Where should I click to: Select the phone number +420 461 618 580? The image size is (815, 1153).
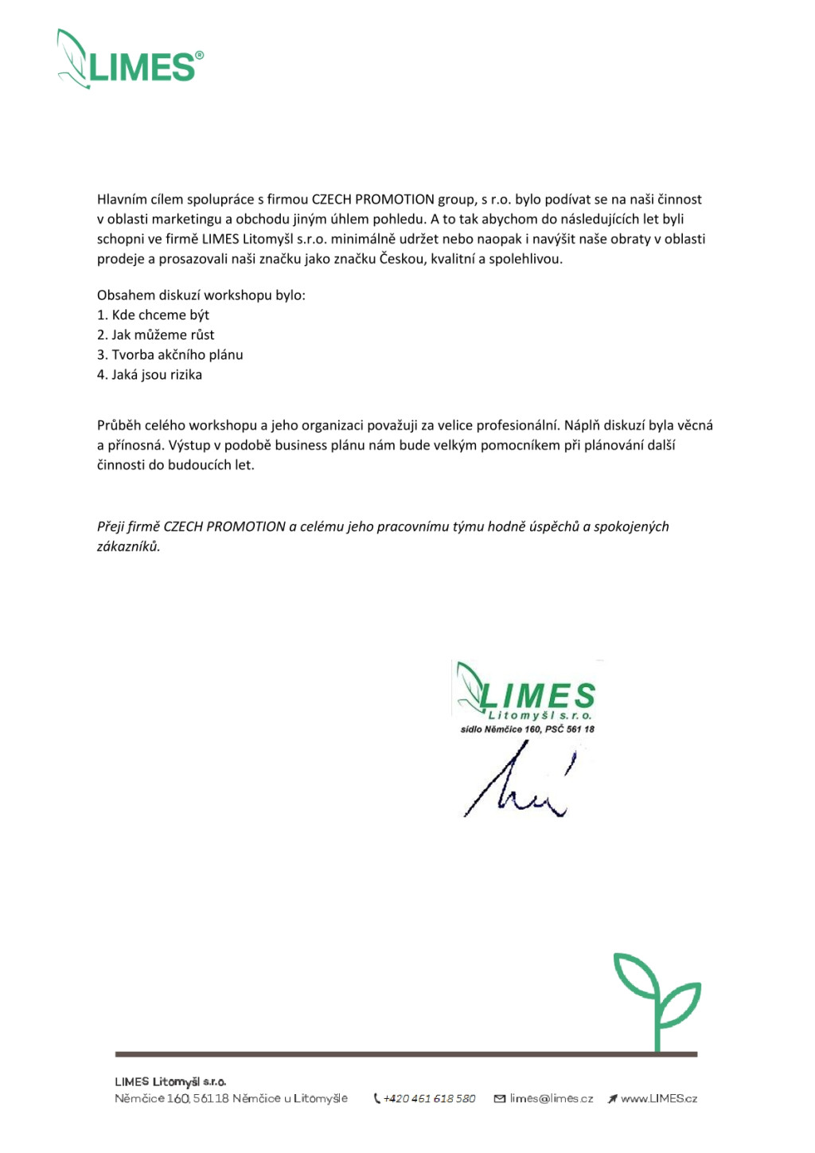(430, 1099)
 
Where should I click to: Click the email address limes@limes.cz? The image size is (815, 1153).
(552, 1099)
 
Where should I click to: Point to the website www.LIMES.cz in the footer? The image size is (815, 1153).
(659, 1099)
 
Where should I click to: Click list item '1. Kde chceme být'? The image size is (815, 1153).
(153, 315)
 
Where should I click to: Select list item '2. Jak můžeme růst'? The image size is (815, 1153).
(155, 335)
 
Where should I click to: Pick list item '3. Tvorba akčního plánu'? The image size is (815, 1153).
(170, 355)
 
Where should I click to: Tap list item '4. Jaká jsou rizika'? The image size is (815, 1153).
(149, 375)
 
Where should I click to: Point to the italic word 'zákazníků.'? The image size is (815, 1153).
(128, 547)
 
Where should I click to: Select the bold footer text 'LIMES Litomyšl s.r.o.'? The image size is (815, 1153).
(170, 1082)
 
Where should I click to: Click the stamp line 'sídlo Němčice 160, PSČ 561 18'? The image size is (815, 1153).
(528, 729)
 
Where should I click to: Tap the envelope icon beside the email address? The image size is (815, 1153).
(500, 1099)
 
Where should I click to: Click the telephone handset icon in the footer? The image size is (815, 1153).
(377, 1099)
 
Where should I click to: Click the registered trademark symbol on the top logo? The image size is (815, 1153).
(199, 55)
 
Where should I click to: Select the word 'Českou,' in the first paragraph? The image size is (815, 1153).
(403, 260)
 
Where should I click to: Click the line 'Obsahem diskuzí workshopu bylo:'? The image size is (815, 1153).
(201, 295)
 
